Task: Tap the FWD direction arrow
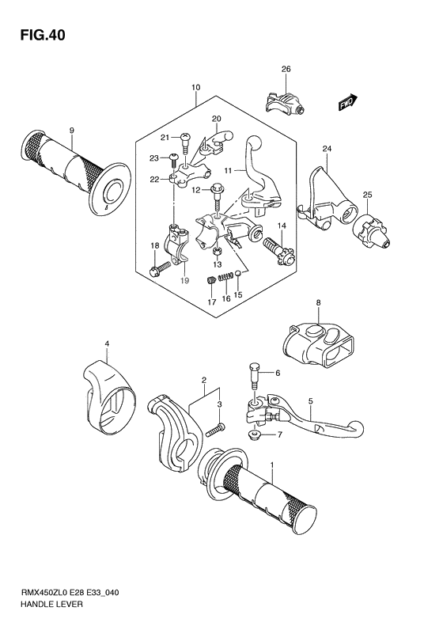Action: pyautogui.click(x=346, y=102)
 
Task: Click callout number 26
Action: pyautogui.click(x=286, y=69)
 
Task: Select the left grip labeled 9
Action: pyautogui.click(x=75, y=169)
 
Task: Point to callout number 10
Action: pyautogui.click(x=195, y=87)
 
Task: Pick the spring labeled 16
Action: pyautogui.click(x=226, y=276)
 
